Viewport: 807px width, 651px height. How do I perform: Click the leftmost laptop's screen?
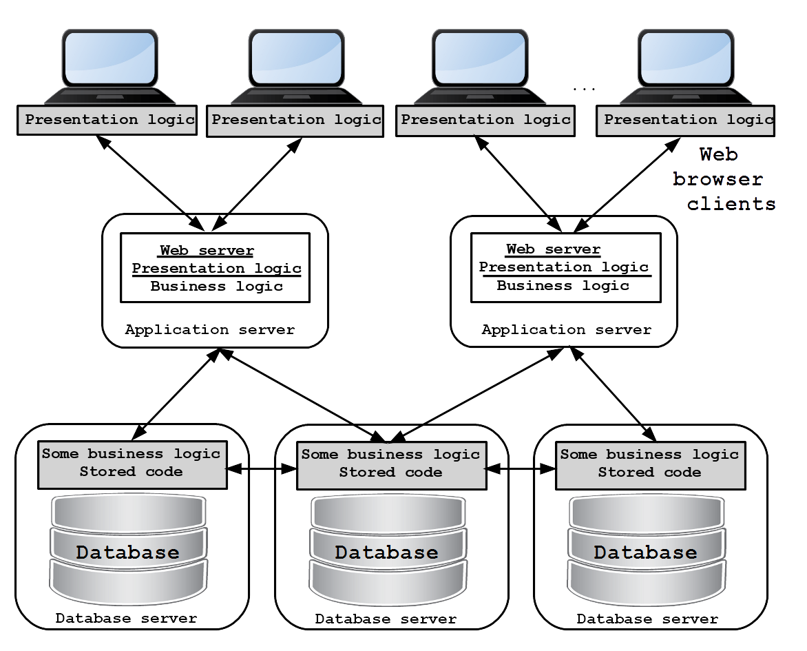109,58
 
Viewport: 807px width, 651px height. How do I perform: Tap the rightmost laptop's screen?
686,58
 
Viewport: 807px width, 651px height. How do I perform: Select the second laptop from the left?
297,67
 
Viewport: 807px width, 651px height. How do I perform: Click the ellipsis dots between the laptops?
584,90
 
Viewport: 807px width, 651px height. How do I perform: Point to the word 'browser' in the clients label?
717,178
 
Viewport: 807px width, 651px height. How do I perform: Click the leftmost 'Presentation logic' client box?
107,121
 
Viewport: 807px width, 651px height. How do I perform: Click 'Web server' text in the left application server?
207,251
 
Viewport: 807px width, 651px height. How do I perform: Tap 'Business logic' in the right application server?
563,286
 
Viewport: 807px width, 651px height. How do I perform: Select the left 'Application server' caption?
210,329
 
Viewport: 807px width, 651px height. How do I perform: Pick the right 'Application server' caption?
567,329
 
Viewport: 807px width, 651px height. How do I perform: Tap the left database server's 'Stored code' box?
132,464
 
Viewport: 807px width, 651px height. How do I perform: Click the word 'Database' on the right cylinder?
645,552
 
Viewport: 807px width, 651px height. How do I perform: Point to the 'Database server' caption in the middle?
386,619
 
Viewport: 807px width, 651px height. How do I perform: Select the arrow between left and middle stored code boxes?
262,468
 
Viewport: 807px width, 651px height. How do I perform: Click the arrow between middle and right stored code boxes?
521,468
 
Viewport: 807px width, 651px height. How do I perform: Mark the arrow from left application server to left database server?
176,395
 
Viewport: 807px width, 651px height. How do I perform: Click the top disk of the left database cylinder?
129,512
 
